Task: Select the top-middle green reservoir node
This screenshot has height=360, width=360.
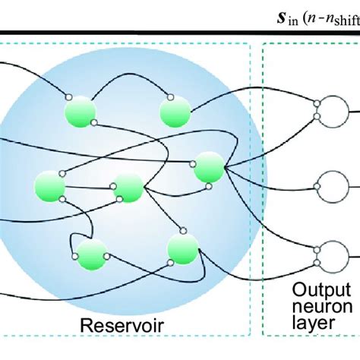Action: tap(175, 112)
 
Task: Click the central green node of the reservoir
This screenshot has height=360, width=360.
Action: tap(127, 188)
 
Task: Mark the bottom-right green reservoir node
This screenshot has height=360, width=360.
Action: tap(182, 248)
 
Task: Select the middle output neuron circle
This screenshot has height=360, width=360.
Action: tap(332, 185)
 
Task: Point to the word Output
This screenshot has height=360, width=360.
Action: tap(324, 290)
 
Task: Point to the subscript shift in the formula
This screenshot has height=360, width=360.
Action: tap(343, 19)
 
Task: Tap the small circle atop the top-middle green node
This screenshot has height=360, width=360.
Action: tap(170, 97)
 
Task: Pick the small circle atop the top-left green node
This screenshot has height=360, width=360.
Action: tap(69, 97)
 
